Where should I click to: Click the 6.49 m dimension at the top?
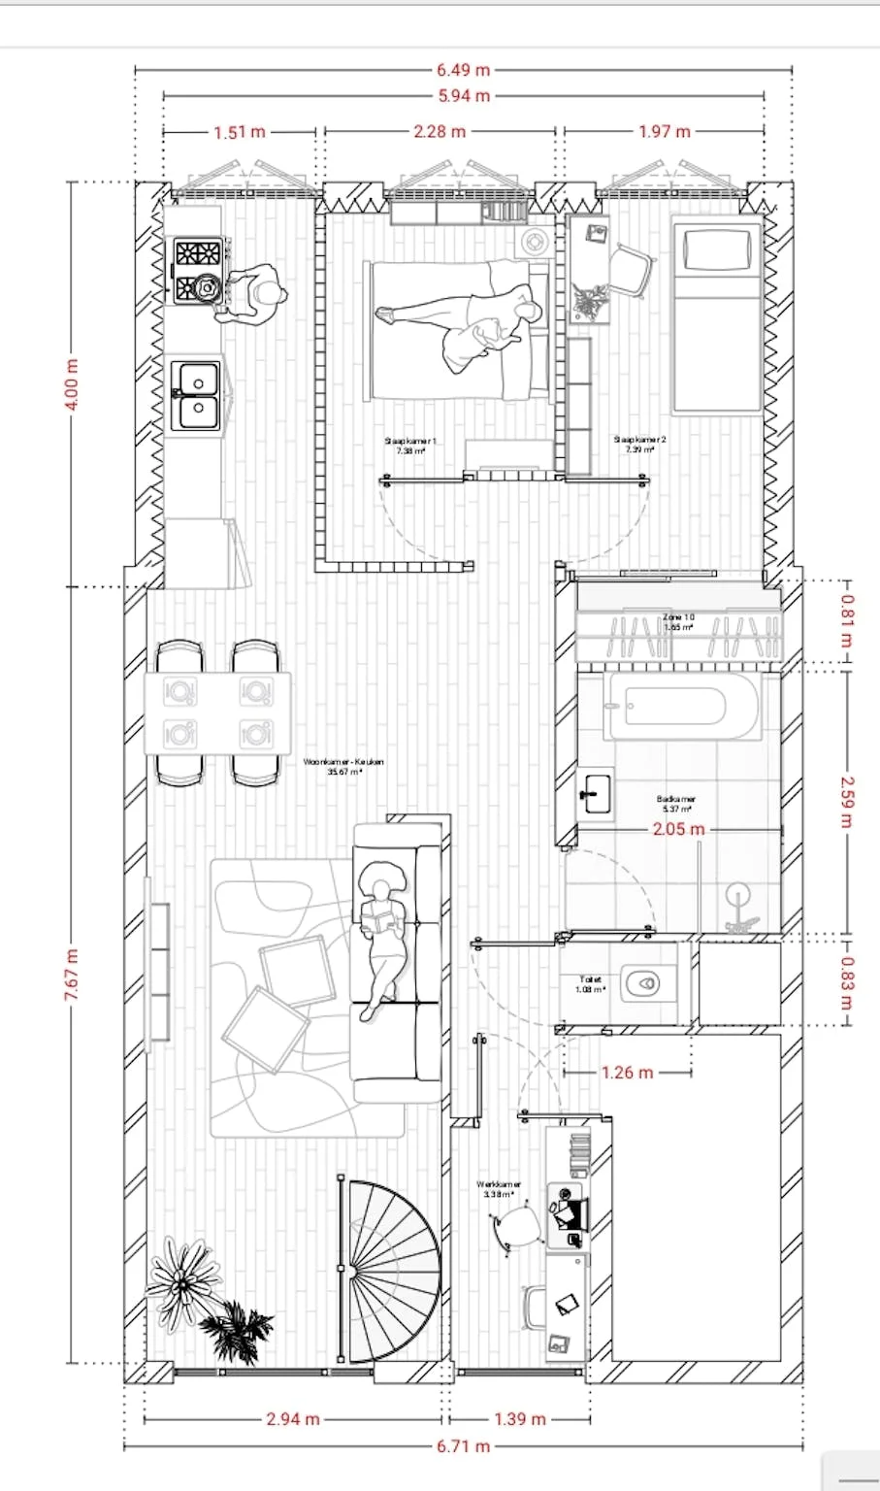pyautogui.click(x=463, y=70)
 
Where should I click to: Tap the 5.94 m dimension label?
pyautogui.click(x=463, y=96)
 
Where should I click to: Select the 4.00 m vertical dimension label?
pyautogui.click(x=71, y=384)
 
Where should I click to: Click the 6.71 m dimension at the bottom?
pyautogui.click(x=463, y=1446)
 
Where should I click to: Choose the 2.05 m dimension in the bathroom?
pyautogui.click(x=678, y=829)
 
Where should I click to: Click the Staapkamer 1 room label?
pyautogui.click(x=410, y=446)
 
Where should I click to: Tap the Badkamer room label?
pyautogui.click(x=675, y=804)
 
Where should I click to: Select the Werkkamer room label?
pyautogui.click(x=499, y=1189)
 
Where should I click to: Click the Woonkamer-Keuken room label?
pyautogui.click(x=343, y=766)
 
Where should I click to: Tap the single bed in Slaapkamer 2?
pyautogui.click(x=718, y=315)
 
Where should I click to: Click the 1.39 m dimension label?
pyautogui.click(x=519, y=1419)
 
